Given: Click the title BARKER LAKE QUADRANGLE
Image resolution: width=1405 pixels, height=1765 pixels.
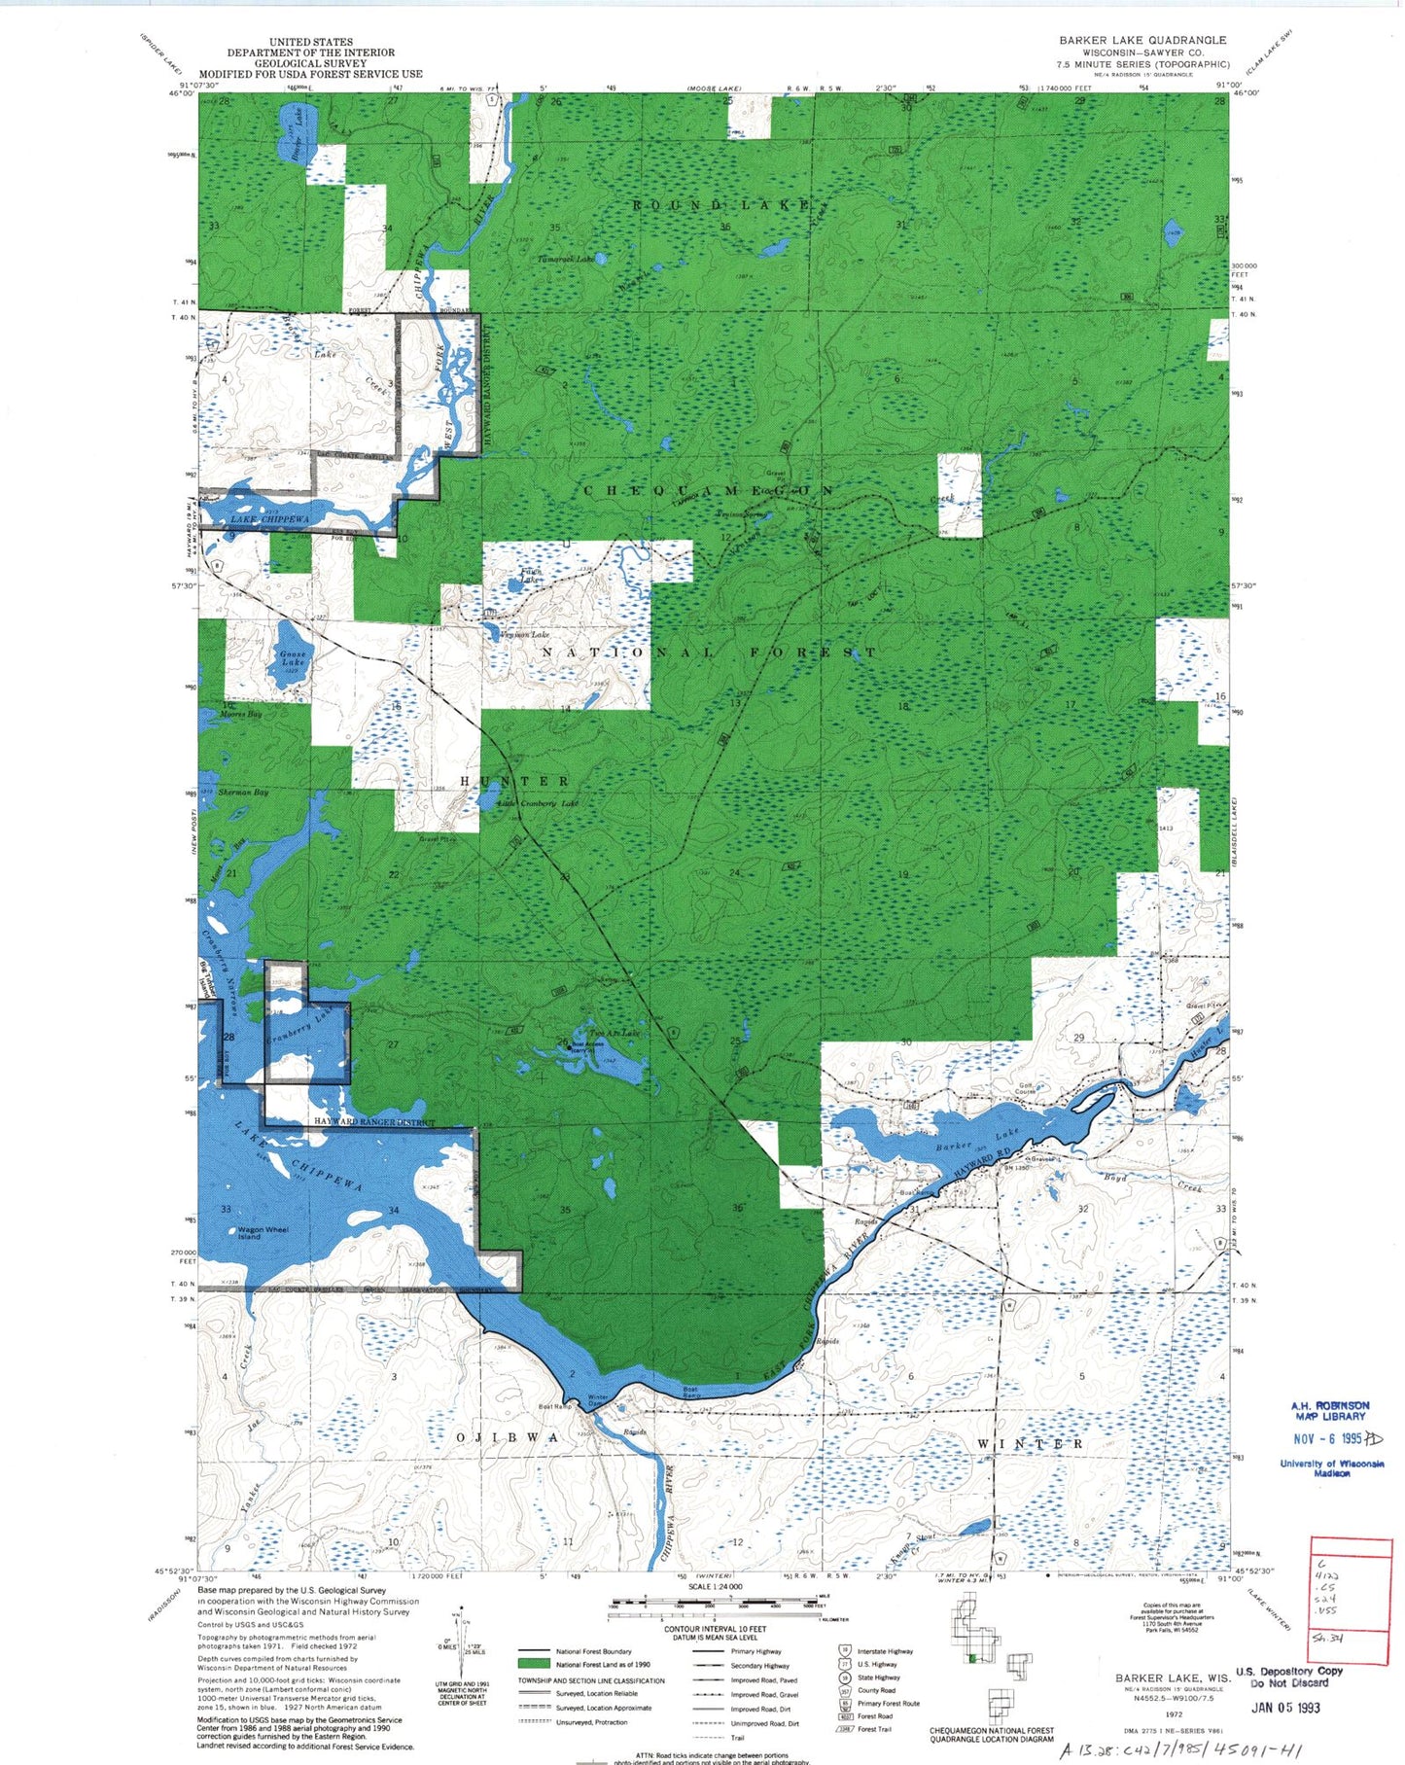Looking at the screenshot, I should [x=1142, y=40].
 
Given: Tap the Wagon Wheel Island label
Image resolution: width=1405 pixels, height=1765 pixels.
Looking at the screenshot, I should [x=263, y=1233].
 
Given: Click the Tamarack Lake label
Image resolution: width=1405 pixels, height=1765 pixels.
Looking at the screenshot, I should [x=566, y=260].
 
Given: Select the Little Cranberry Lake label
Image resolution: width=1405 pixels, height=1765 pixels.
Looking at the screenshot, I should [x=539, y=803].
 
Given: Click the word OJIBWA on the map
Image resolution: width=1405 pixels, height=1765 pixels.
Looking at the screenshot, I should [x=509, y=1436].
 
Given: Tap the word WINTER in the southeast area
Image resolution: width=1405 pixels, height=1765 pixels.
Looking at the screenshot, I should [x=1030, y=1444].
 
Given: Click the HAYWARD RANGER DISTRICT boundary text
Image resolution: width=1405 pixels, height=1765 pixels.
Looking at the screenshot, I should [x=374, y=1122].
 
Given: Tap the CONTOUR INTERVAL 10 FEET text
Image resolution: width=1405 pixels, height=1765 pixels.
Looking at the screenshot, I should [x=716, y=1628].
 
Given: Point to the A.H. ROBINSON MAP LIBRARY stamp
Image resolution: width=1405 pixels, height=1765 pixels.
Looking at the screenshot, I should [x=1330, y=1411].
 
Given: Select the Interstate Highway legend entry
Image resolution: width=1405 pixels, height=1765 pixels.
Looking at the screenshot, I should [x=885, y=1651].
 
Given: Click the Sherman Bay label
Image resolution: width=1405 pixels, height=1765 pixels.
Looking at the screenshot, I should [x=243, y=793].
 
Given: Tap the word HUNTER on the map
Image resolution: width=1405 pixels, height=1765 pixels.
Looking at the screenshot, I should [x=514, y=781].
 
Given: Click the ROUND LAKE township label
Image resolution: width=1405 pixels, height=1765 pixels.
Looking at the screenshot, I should [x=722, y=205].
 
